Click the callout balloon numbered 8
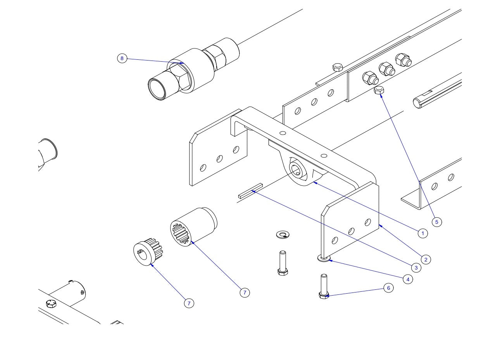[122, 59]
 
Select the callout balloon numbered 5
[436, 222]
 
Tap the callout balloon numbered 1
[422, 233]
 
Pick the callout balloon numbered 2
[425, 260]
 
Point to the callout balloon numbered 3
[415, 268]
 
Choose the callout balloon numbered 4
[408, 279]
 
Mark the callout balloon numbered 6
[388, 288]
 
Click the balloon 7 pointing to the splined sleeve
[245, 292]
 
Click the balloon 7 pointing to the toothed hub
[189, 303]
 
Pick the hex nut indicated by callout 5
[379, 91]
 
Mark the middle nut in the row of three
[386, 69]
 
